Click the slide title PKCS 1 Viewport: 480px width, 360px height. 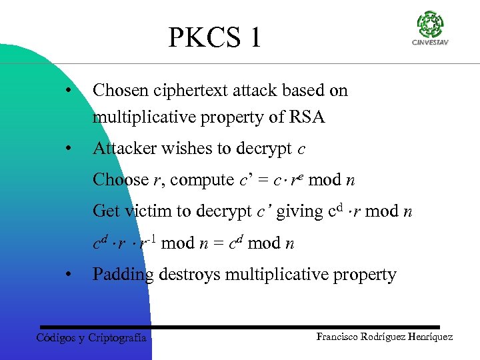[x=215, y=38]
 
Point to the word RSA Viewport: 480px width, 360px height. [x=307, y=118]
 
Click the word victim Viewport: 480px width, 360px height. [x=150, y=211]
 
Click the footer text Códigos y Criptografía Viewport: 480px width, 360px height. [x=91, y=337]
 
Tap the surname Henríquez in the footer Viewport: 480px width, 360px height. [x=428, y=337]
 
